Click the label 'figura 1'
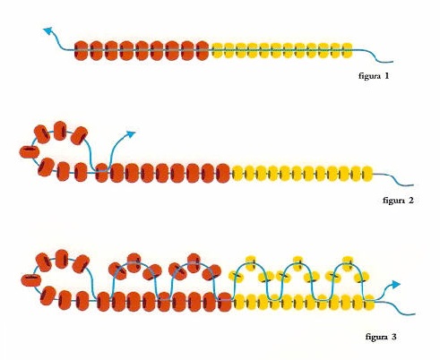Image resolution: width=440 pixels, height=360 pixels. tap(374, 76)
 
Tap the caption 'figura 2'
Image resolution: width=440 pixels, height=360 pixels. tap(398, 200)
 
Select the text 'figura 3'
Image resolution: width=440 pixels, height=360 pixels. tap(381, 337)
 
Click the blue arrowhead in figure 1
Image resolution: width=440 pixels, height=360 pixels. tap(48, 30)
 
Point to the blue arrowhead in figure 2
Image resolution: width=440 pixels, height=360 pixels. tap(131, 134)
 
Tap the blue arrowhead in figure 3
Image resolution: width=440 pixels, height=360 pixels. tap(395, 284)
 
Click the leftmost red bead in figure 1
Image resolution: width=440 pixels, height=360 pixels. tap(81, 50)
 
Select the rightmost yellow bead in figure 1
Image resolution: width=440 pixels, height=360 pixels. tap(347, 50)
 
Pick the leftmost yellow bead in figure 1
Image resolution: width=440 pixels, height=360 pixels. tap(218, 50)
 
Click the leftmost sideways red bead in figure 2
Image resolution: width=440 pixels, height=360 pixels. tap(30, 152)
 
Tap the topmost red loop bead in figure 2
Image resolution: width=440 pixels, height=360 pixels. tap(60, 131)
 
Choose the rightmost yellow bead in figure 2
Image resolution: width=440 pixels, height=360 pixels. tap(367, 174)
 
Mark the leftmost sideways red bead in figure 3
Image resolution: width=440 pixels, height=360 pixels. tap(31, 280)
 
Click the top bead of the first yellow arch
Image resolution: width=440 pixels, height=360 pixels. tap(252, 262)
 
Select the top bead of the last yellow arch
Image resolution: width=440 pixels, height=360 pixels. tap(348, 263)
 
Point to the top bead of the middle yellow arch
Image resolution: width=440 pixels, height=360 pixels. tap(298, 263)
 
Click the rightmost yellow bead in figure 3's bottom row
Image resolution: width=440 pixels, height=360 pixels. tap(369, 302)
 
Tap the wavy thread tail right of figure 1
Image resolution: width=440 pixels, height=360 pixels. tap(374, 56)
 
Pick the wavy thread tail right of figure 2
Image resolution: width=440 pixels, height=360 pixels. tap(393, 179)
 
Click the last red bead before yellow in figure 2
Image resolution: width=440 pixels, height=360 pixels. tap(223, 173)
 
